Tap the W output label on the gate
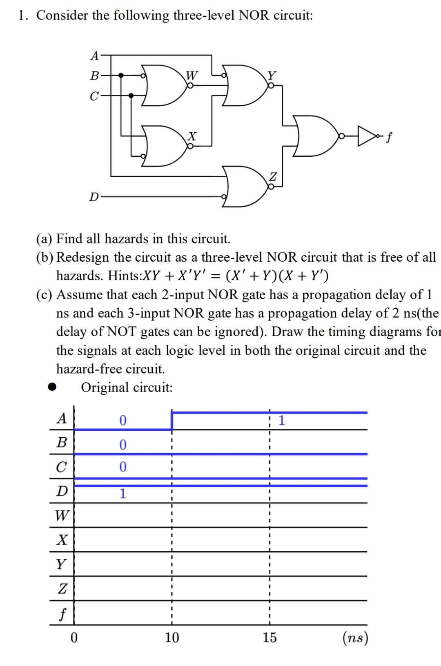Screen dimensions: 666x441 point(192,75)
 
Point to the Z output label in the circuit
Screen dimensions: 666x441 point(273,177)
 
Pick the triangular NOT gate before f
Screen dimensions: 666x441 point(366,136)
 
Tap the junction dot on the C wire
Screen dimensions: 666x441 point(131,96)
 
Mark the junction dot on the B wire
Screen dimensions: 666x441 point(121,75)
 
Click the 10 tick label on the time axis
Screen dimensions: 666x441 point(171,637)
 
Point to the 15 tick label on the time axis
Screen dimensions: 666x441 point(269,637)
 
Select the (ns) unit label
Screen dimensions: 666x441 point(355,637)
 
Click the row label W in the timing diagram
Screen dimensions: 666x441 point(62,515)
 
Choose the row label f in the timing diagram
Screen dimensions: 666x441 point(62,613)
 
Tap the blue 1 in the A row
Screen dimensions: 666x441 point(281,420)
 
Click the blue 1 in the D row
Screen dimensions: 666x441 point(122,494)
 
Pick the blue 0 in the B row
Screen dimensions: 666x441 point(122,444)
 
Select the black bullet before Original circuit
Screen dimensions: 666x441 point(52,387)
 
